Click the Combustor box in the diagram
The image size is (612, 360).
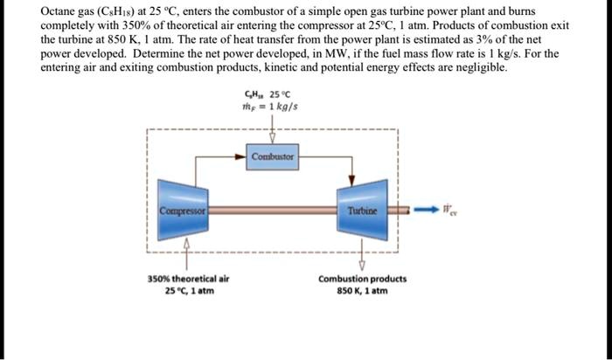(274, 157)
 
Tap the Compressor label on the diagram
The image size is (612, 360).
(182, 211)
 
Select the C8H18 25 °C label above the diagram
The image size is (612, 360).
(272, 94)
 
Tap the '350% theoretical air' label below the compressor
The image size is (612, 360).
(183, 280)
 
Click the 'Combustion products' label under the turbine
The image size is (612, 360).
(362, 280)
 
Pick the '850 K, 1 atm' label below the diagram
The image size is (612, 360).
(362, 291)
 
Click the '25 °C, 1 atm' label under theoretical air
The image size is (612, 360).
(183, 291)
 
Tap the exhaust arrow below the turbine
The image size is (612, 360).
(362, 260)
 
